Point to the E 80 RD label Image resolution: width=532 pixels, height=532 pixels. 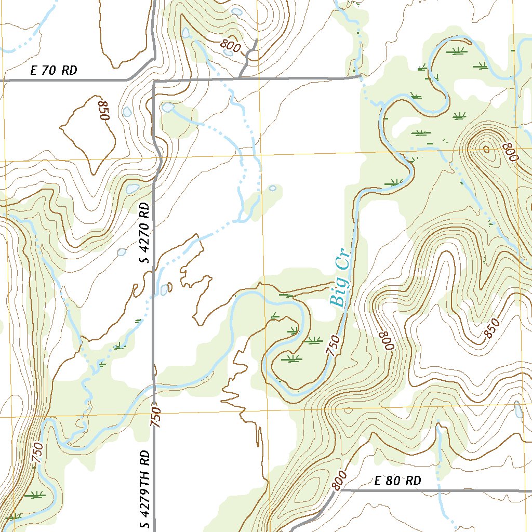[x=397, y=481]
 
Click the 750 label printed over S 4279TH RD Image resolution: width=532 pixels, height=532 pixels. [x=156, y=417]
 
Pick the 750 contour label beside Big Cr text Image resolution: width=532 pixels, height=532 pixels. [x=333, y=345]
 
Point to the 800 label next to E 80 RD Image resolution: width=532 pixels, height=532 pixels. [x=338, y=481]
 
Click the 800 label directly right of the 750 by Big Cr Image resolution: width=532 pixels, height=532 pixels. [x=387, y=341]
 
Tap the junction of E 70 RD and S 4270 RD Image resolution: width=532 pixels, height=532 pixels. [x=154, y=81]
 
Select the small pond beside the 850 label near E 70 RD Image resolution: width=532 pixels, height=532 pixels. [x=127, y=111]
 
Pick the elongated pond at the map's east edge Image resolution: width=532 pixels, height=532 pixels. [x=517, y=409]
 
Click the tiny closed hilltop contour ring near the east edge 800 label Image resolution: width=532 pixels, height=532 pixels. [x=486, y=150]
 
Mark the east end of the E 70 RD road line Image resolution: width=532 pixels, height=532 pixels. [x=360, y=77]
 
